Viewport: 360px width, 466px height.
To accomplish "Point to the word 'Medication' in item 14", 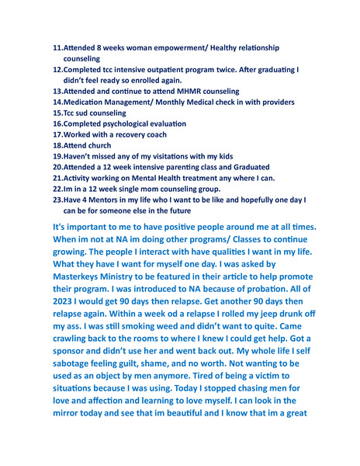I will click(87, 103).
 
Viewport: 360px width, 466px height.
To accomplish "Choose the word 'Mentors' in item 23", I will click(112, 199).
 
